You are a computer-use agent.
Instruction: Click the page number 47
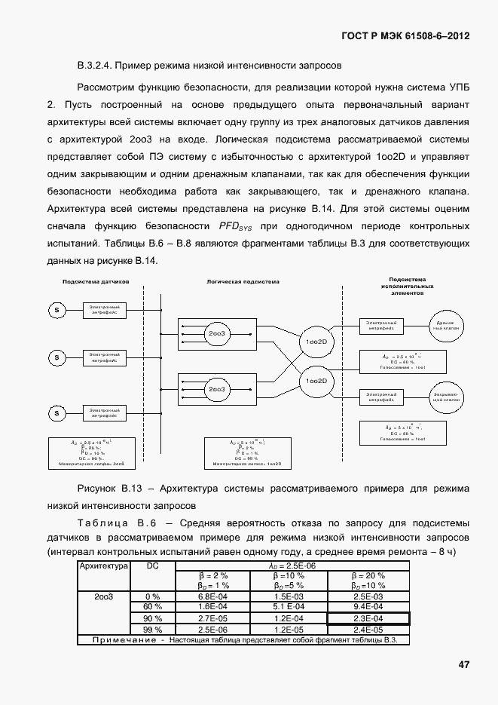tap(463, 664)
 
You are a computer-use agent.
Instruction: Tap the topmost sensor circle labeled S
tap(57, 309)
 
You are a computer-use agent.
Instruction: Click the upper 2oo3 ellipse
tap(217, 333)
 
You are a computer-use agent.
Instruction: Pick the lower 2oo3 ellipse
tap(217, 388)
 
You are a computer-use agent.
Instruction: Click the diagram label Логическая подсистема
tap(243, 281)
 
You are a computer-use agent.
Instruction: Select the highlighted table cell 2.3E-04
tap(368, 618)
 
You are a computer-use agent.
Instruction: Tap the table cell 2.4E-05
tap(368, 630)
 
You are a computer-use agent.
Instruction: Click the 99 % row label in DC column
tap(153, 630)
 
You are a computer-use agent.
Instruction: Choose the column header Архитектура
tap(105, 566)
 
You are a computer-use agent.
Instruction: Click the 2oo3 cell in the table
tap(105, 596)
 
